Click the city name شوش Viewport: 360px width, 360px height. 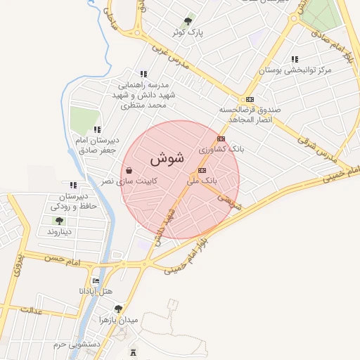167,159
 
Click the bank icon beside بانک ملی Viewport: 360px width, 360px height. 202,170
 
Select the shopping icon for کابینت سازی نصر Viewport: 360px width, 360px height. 129,169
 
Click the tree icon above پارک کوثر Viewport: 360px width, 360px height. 187,22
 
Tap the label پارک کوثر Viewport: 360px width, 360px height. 187,32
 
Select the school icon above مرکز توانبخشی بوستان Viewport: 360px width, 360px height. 294,59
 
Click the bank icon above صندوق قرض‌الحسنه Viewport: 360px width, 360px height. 250,99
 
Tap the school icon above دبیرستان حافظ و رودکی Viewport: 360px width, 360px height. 73,185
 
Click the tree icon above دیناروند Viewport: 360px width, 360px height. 58,221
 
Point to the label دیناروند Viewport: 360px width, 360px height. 58,231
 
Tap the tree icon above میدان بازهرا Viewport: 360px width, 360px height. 117,309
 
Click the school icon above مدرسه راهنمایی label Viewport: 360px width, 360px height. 143,74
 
